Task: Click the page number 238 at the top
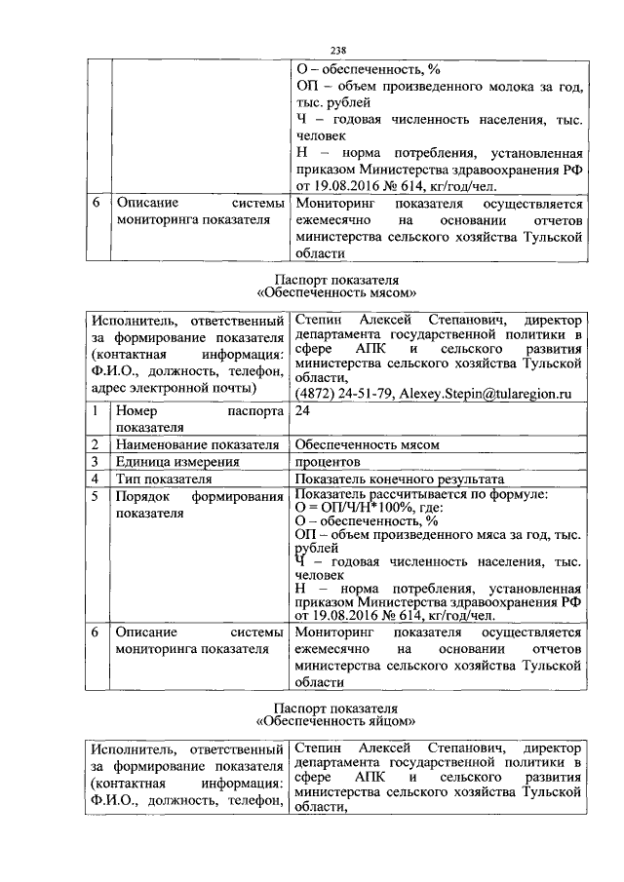click(338, 50)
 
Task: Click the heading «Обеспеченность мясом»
click(337, 291)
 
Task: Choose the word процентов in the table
click(328, 461)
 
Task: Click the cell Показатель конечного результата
click(400, 479)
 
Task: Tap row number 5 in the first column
click(96, 495)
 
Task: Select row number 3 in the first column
click(96, 461)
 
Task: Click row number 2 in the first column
click(96, 444)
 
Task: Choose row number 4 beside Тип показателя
click(96, 479)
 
